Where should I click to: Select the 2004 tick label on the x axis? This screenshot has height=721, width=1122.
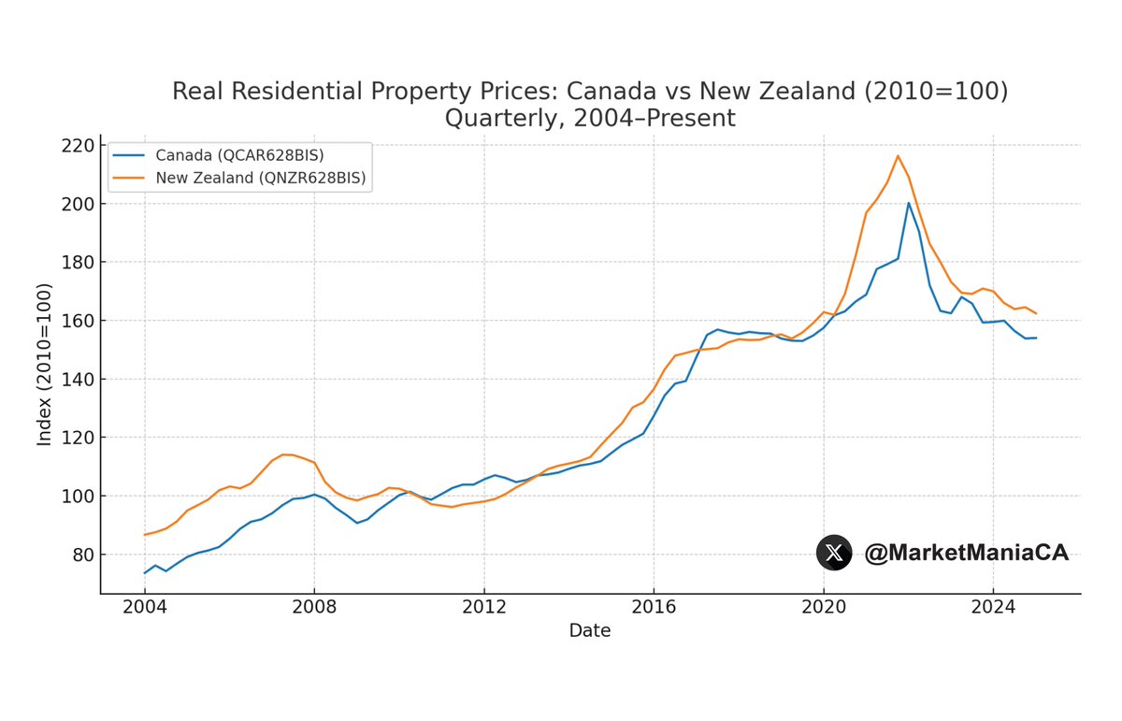click(144, 604)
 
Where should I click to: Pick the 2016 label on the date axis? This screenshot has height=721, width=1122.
click(654, 604)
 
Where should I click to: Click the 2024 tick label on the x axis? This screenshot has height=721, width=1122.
click(993, 604)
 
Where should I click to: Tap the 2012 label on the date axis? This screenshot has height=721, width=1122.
click(483, 604)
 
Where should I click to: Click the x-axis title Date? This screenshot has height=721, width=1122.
click(590, 631)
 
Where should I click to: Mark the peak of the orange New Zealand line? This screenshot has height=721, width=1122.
click(898, 155)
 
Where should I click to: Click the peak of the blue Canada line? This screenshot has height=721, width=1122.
click(908, 203)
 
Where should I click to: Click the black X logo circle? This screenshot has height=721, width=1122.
click(834, 553)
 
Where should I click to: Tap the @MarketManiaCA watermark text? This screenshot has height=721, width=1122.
click(966, 553)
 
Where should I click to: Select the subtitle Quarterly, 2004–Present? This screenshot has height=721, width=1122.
click(590, 119)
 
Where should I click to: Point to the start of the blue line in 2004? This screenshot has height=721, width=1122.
click(145, 572)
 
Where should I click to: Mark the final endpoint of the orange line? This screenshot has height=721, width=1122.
click(1036, 313)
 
